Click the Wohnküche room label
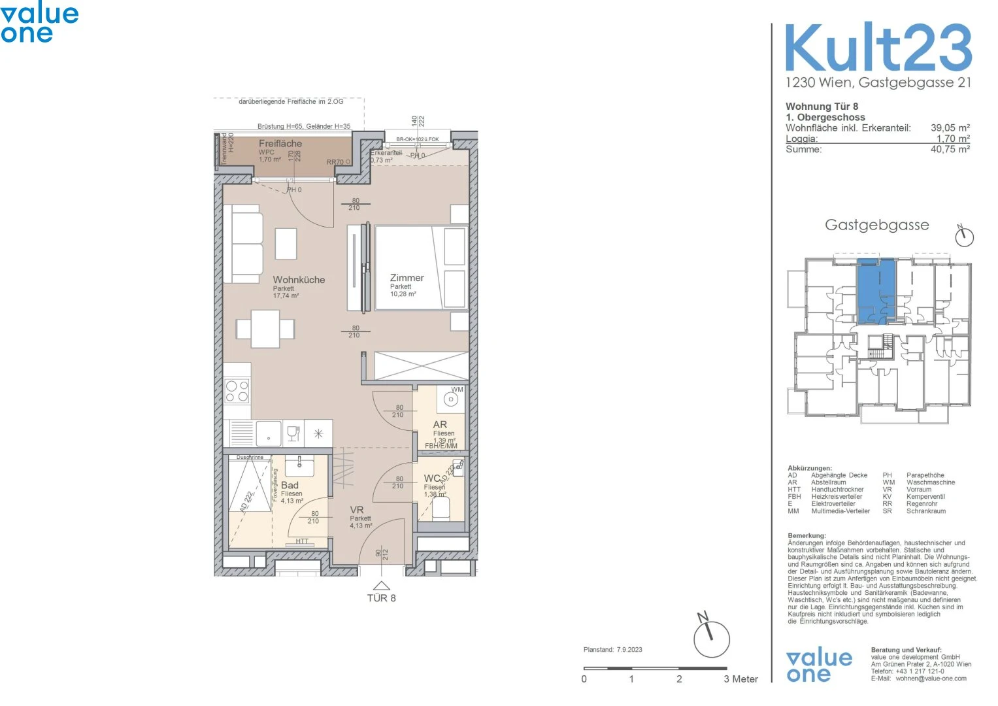pyautogui.click(x=299, y=280)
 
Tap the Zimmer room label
pyautogui.click(x=407, y=278)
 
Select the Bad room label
pyautogui.click(x=290, y=485)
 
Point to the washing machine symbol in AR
pyautogui.click(x=451, y=399)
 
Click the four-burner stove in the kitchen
pyautogui.click(x=237, y=391)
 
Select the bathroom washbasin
pyautogui.click(x=299, y=465)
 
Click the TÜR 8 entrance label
pyautogui.click(x=381, y=598)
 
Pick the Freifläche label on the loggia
pyautogui.click(x=280, y=143)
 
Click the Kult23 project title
pyautogui.click(x=878, y=48)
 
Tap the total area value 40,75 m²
pyautogui.click(x=950, y=149)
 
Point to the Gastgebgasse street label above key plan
pyautogui.click(x=876, y=225)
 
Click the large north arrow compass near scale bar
pyautogui.click(x=710, y=637)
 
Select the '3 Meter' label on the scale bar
pyautogui.click(x=740, y=679)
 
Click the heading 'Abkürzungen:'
pyautogui.click(x=810, y=468)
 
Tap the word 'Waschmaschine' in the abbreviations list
pyautogui.click(x=930, y=482)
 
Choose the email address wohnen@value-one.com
pyautogui.click(x=931, y=679)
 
